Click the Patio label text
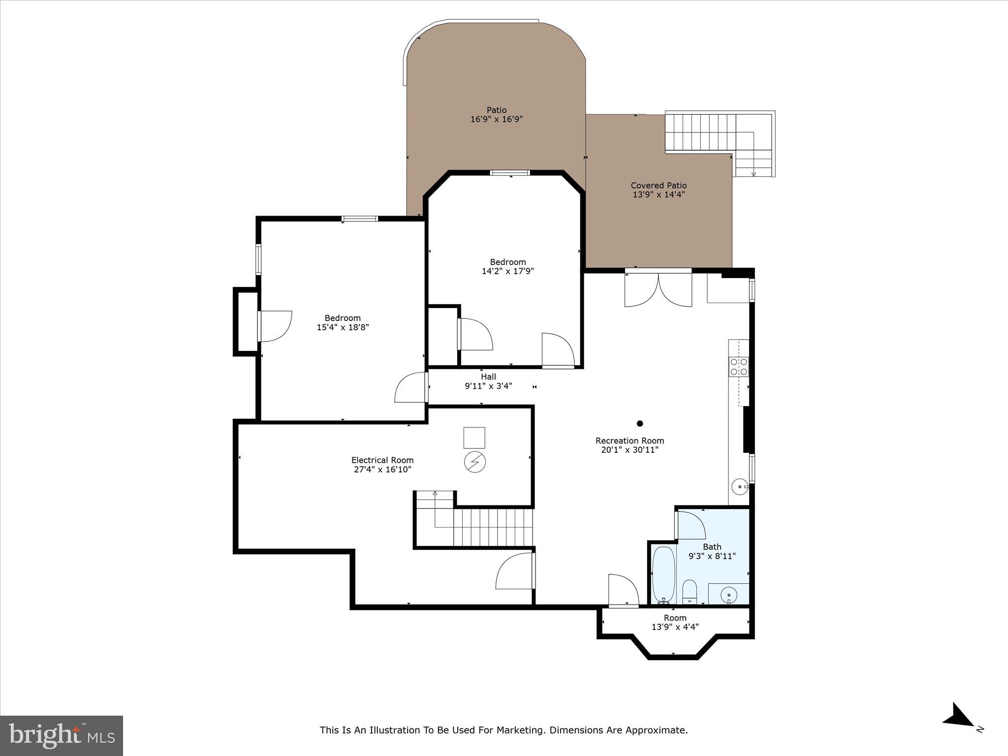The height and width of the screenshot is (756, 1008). pos(496,110)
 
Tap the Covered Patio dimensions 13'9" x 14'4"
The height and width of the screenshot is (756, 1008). pos(659,194)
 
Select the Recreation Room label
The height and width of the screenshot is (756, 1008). pos(630,441)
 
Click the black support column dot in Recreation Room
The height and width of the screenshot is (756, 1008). pos(640,423)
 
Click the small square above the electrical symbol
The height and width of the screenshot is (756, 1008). pos(474,438)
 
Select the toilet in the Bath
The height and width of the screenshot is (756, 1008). pos(690,591)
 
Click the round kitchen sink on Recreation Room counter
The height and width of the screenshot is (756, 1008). pos(739,487)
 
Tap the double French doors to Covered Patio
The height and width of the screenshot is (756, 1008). pos(658,290)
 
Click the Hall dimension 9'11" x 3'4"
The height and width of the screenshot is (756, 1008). pos(488,386)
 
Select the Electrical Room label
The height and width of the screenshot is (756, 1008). pos(382,460)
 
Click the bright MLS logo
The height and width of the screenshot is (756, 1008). pos(62,735)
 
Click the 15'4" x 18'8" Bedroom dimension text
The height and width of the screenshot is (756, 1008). pos(343,327)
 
